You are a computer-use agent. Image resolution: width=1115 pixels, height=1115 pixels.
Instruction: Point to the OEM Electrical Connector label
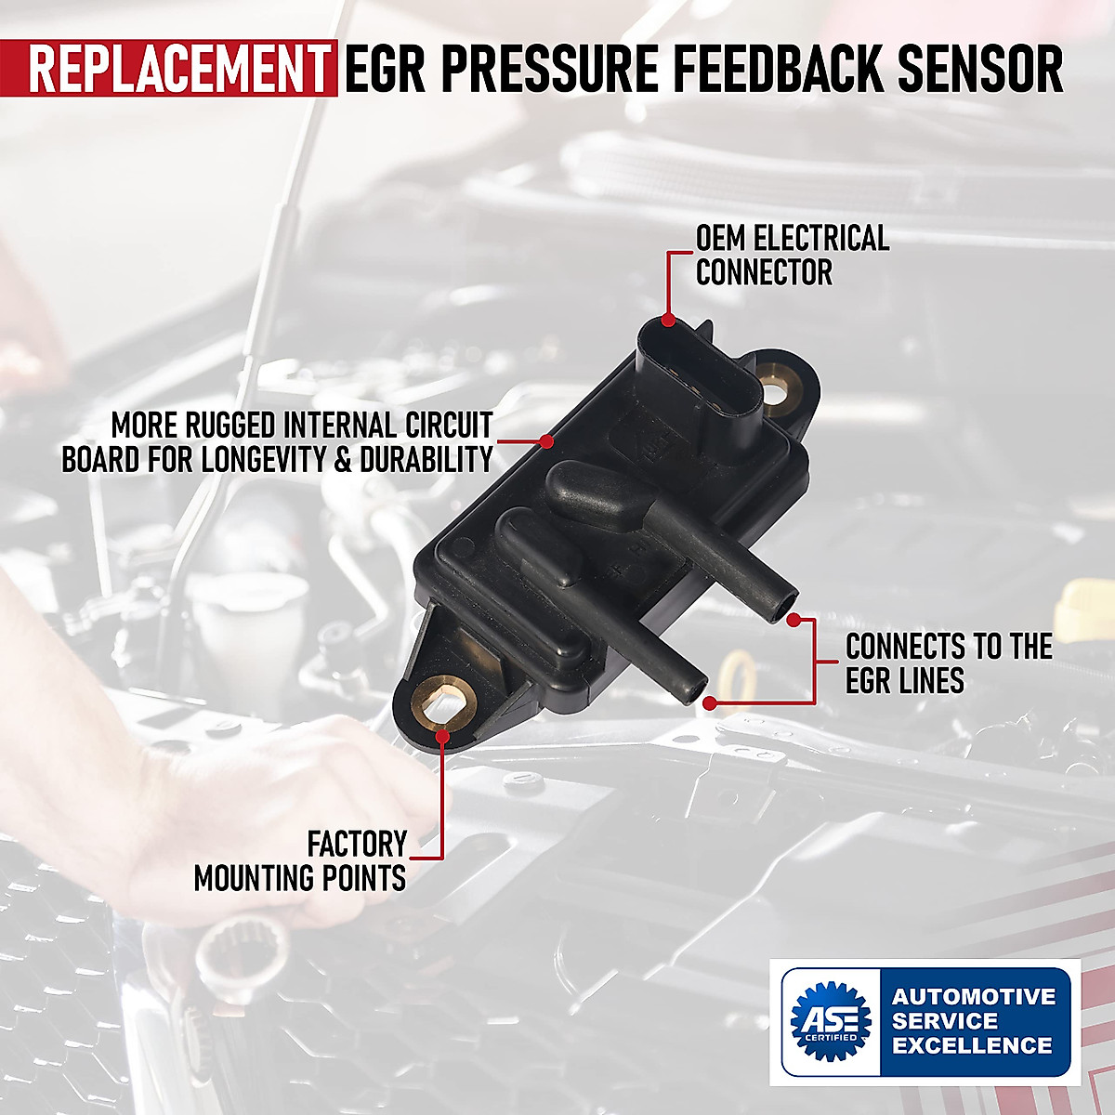tap(792, 255)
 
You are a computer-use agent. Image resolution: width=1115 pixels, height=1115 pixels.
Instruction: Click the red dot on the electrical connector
tap(668, 320)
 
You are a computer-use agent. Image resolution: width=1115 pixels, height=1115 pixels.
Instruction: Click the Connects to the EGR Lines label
tap(948, 663)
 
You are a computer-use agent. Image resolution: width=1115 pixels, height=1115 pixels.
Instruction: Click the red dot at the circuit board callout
tap(546, 441)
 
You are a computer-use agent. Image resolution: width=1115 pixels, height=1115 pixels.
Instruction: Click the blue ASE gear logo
tap(830, 1020)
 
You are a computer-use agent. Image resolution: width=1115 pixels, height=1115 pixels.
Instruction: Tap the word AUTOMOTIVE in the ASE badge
tap(974, 997)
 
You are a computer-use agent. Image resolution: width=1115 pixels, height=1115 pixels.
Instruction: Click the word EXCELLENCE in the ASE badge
tap(972, 1045)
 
